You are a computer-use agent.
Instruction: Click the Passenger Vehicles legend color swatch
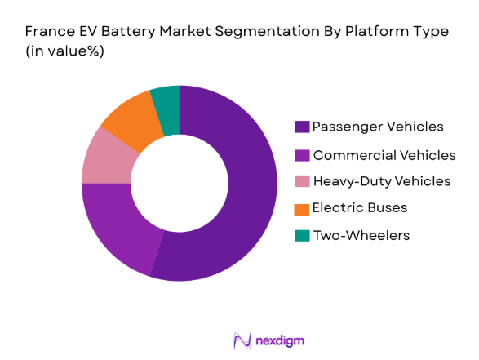tap(301, 127)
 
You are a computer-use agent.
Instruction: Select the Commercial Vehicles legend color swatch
tap(301, 154)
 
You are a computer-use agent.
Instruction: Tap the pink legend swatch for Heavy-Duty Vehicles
tap(301, 181)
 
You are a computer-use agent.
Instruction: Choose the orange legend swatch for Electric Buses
tap(301, 208)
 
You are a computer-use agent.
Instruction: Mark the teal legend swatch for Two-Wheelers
tap(301, 235)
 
